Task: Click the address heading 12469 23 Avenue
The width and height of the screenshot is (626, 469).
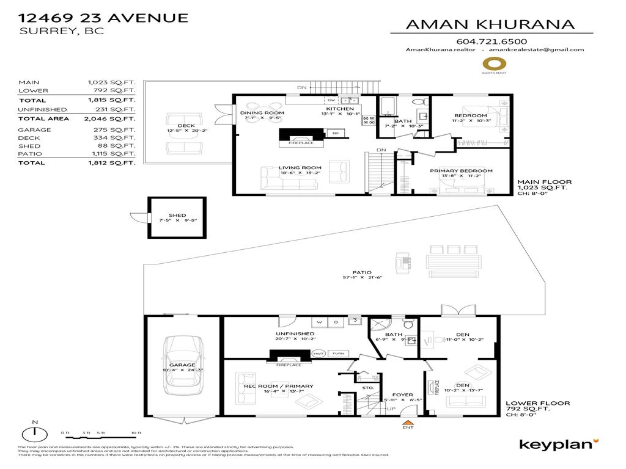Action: pos(103,17)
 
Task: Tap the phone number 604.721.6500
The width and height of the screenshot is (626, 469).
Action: pos(492,41)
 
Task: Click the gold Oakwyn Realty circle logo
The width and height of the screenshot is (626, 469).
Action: pos(495,64)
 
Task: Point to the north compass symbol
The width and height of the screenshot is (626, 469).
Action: pos(36,433)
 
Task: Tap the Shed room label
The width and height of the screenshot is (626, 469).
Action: pos(177,215)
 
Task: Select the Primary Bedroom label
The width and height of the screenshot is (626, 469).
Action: pos(460,171)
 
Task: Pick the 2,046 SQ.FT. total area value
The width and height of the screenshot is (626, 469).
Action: pos(112,119)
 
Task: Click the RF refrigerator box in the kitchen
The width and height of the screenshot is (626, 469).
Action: pos(335,133)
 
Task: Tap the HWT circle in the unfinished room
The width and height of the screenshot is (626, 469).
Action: pos(318,354)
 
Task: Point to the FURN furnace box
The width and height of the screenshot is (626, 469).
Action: pos(337,354)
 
